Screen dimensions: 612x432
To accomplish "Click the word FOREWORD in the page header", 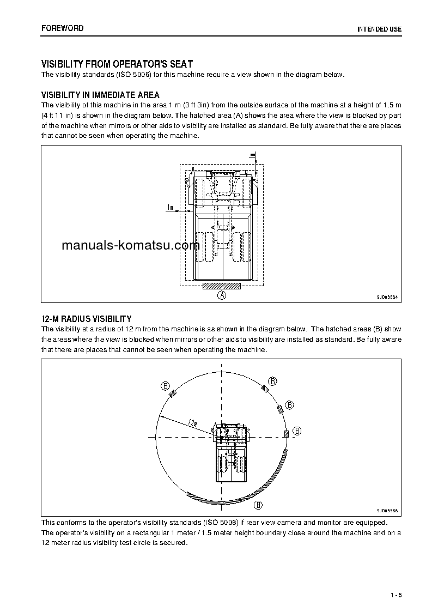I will pyautogui.click(x=63, y=28).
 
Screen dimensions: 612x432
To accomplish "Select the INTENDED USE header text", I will pyautogui.click(x=379, y=28).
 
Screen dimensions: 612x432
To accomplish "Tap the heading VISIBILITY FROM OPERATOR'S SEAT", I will pyautogui.click(x=117, y=64).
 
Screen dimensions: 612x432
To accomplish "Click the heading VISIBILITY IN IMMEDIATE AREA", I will pyautogui.click(x=100, y=95).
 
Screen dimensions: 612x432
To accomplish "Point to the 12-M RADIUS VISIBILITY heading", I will pyautogui.click(x=86, y=318).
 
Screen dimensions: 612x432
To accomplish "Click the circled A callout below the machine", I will pyautogui.click(x=222, y=295).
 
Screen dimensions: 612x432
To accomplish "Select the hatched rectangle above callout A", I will pyautogui.click(x=221, y=286).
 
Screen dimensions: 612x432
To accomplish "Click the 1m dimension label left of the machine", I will pyautogui.click(x=169, y=207).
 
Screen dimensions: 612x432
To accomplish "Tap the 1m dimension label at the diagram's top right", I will pyautogui.click(x=252, y=156).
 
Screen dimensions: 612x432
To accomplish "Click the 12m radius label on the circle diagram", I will pyautogui.click(x=191, y=422).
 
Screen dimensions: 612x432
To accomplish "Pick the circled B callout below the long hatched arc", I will pyautogui.click(x=259, y=504).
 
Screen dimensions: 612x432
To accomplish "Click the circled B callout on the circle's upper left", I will pyautogui.click(x=165, y=386).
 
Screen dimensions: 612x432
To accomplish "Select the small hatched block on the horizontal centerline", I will pyautogui.click(x=285, y=433).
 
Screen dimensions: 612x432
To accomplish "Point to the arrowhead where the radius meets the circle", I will pyautogui.click(x=159, y=415).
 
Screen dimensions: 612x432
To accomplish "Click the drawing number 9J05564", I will pyautogui.click(x=387, y=297).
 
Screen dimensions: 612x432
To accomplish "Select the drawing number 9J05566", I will pyautogui.click(x=387, y=511).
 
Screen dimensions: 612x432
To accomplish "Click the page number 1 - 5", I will pyautogui.click(x=396, y=595).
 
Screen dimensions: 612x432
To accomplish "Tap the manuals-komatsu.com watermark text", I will pyautogui.click(x=131, y=245).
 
